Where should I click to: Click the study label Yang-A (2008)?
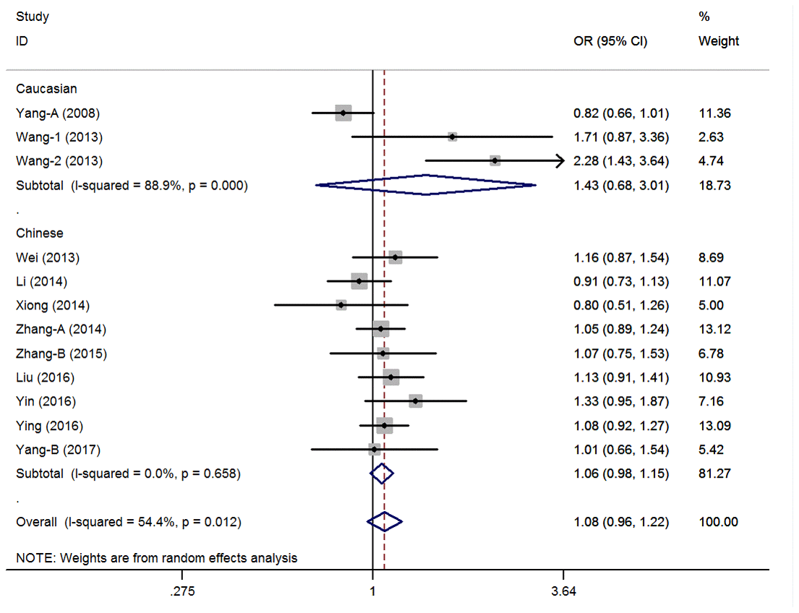[x=58, y=113]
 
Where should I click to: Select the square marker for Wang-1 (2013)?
[x=452, y=137]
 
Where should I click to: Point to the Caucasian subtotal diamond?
[x=426, y=185]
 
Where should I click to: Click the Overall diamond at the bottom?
[x=384, y=521]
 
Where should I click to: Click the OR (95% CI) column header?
[x=610, y=41]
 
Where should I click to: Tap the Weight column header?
[x=718, y=41]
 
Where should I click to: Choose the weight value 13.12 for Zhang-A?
[x=714, y=329]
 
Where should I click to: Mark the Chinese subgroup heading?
[x=40, y=233]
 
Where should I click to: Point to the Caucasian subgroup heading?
[x=46, y=89]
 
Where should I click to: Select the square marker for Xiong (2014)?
[x=341, y=305]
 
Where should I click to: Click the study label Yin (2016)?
[x=46, y=401]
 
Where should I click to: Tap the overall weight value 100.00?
[x=718, y=521]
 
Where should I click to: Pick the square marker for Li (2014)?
[x=359, y=281]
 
